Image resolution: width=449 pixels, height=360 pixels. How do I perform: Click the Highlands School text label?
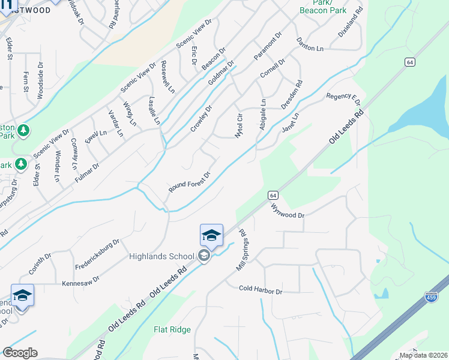pos(161,256)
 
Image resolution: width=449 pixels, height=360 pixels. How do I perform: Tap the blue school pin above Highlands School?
pos(211,236)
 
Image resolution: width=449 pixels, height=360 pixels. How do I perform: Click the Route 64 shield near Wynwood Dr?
pos(273,195)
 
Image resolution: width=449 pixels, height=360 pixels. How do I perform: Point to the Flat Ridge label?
pos(172,329)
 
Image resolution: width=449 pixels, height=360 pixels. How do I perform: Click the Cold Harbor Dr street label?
pos(261,290)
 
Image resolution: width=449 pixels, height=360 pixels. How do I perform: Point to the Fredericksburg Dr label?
pos(97,253)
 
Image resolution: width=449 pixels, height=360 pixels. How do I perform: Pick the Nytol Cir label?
pos(238,125)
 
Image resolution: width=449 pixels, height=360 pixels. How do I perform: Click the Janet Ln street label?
pos(291,120)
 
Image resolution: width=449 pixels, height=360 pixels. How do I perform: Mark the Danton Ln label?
pos(310,50)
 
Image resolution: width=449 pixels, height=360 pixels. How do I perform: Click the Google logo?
pos(20,353)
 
